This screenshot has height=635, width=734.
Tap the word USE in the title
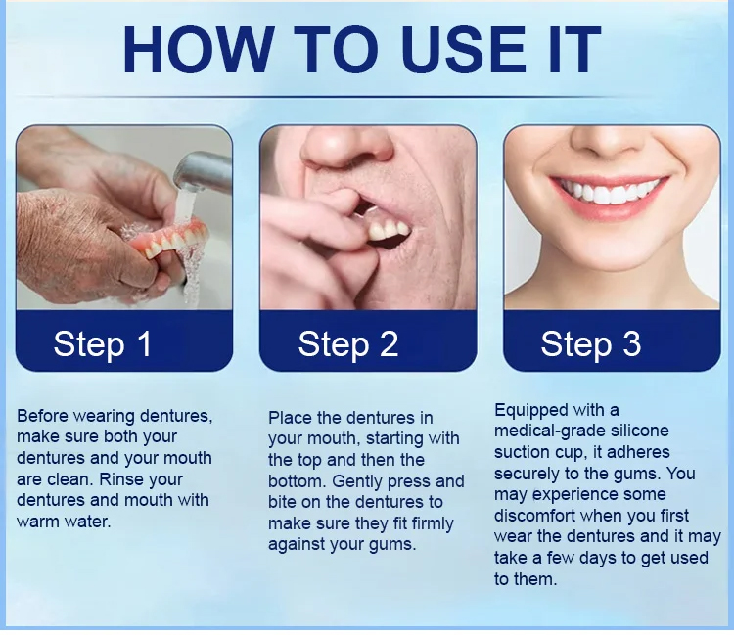point(464,49)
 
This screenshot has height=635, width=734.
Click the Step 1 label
point(103,344)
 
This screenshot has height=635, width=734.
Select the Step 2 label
point(348,344)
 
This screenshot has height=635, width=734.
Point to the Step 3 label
point(591,344)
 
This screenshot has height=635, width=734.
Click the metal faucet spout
point(203,171)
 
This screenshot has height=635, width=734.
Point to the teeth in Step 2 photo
point(389,230)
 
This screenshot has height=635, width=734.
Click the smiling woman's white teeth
point(609,191)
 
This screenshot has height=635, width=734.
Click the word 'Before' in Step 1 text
point(43,416)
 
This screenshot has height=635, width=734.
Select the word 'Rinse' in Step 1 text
point(117,479)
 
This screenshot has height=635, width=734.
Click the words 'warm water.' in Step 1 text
point(64,522)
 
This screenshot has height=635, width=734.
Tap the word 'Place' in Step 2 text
point(290,418)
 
